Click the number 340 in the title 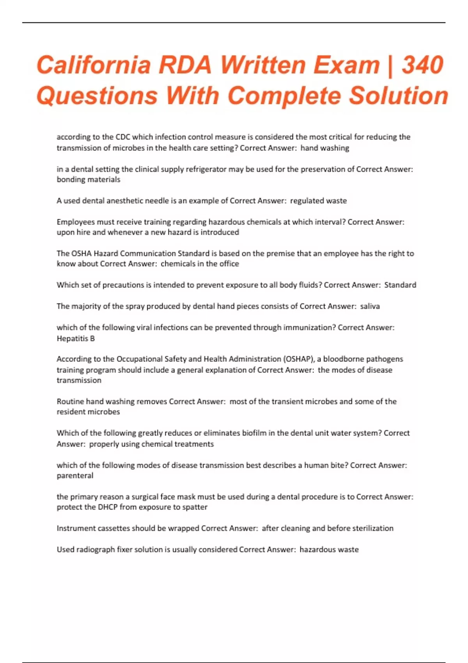(x=423, y=65)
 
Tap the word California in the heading (x=94, y=65)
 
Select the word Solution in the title (x=398, y=96)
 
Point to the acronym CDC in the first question (x=123, y=137)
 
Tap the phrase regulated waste (x=318, y=201)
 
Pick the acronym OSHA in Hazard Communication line (x=81, y=253)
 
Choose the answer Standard (x=400, y=285)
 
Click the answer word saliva (x=370, y=306)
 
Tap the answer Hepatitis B (x=76, y=339)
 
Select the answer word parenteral (x=75, y=476)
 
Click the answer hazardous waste (x=329, y=550)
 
